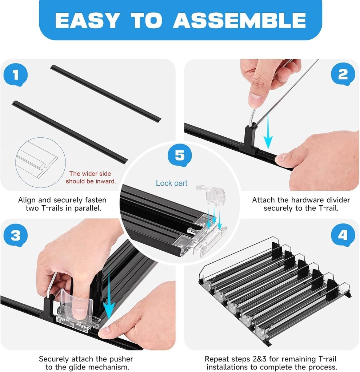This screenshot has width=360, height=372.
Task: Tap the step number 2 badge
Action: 343,74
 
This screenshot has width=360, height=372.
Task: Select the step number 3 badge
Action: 16,236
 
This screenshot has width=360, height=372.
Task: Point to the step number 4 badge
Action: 343,235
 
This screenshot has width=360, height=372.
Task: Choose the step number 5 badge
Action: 180,155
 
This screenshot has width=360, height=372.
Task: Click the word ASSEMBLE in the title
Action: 239,20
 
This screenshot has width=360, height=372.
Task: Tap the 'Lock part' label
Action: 172,183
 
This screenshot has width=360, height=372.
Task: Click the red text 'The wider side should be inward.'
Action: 91,177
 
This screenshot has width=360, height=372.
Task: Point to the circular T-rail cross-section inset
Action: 40,162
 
